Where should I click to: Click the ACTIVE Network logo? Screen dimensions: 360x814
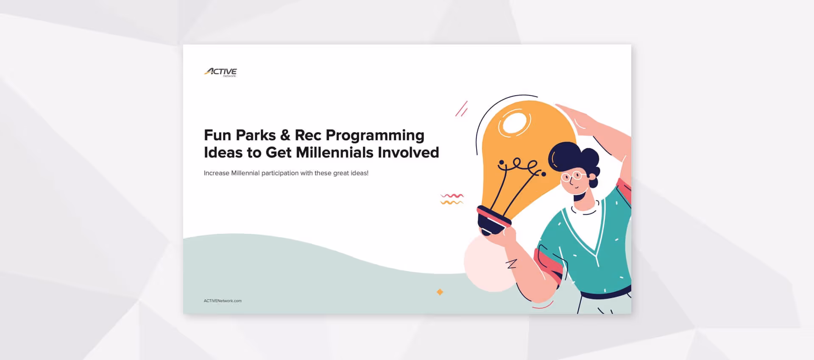click(220, 72)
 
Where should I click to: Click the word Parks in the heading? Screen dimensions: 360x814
click(256, 135)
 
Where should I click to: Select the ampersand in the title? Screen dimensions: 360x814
click(285, 135)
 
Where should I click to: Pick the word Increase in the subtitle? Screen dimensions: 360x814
click(216, 173)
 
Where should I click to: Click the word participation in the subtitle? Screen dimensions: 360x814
click(280, 173)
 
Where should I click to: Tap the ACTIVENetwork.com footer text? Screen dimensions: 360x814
click(223, 301)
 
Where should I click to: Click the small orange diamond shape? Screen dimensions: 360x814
click(440, 292)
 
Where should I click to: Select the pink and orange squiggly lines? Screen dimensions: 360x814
click(452, 199)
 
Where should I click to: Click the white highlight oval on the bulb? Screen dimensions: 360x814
click(515, 123)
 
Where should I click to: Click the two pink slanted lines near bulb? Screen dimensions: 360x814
click(461, 109)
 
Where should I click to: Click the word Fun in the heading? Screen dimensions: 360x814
click(217, 135)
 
